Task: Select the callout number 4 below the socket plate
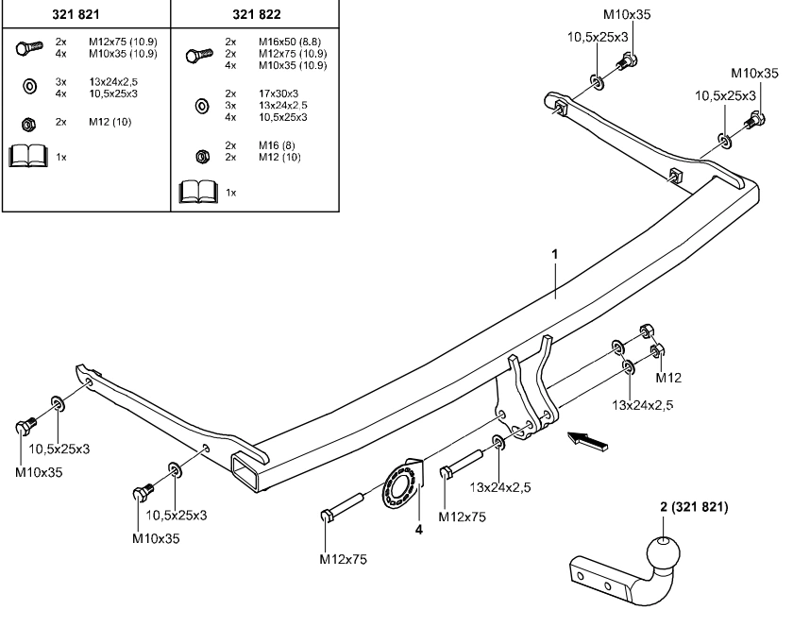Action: point(419,529)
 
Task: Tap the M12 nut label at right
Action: point(668,378)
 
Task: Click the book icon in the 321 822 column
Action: point(197,192)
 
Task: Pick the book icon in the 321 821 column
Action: point(26,157)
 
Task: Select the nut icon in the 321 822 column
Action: point(200,155)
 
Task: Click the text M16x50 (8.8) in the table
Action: point(289,43)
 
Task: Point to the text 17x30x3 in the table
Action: point(278,94)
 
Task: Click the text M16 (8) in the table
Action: point(276,145)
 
